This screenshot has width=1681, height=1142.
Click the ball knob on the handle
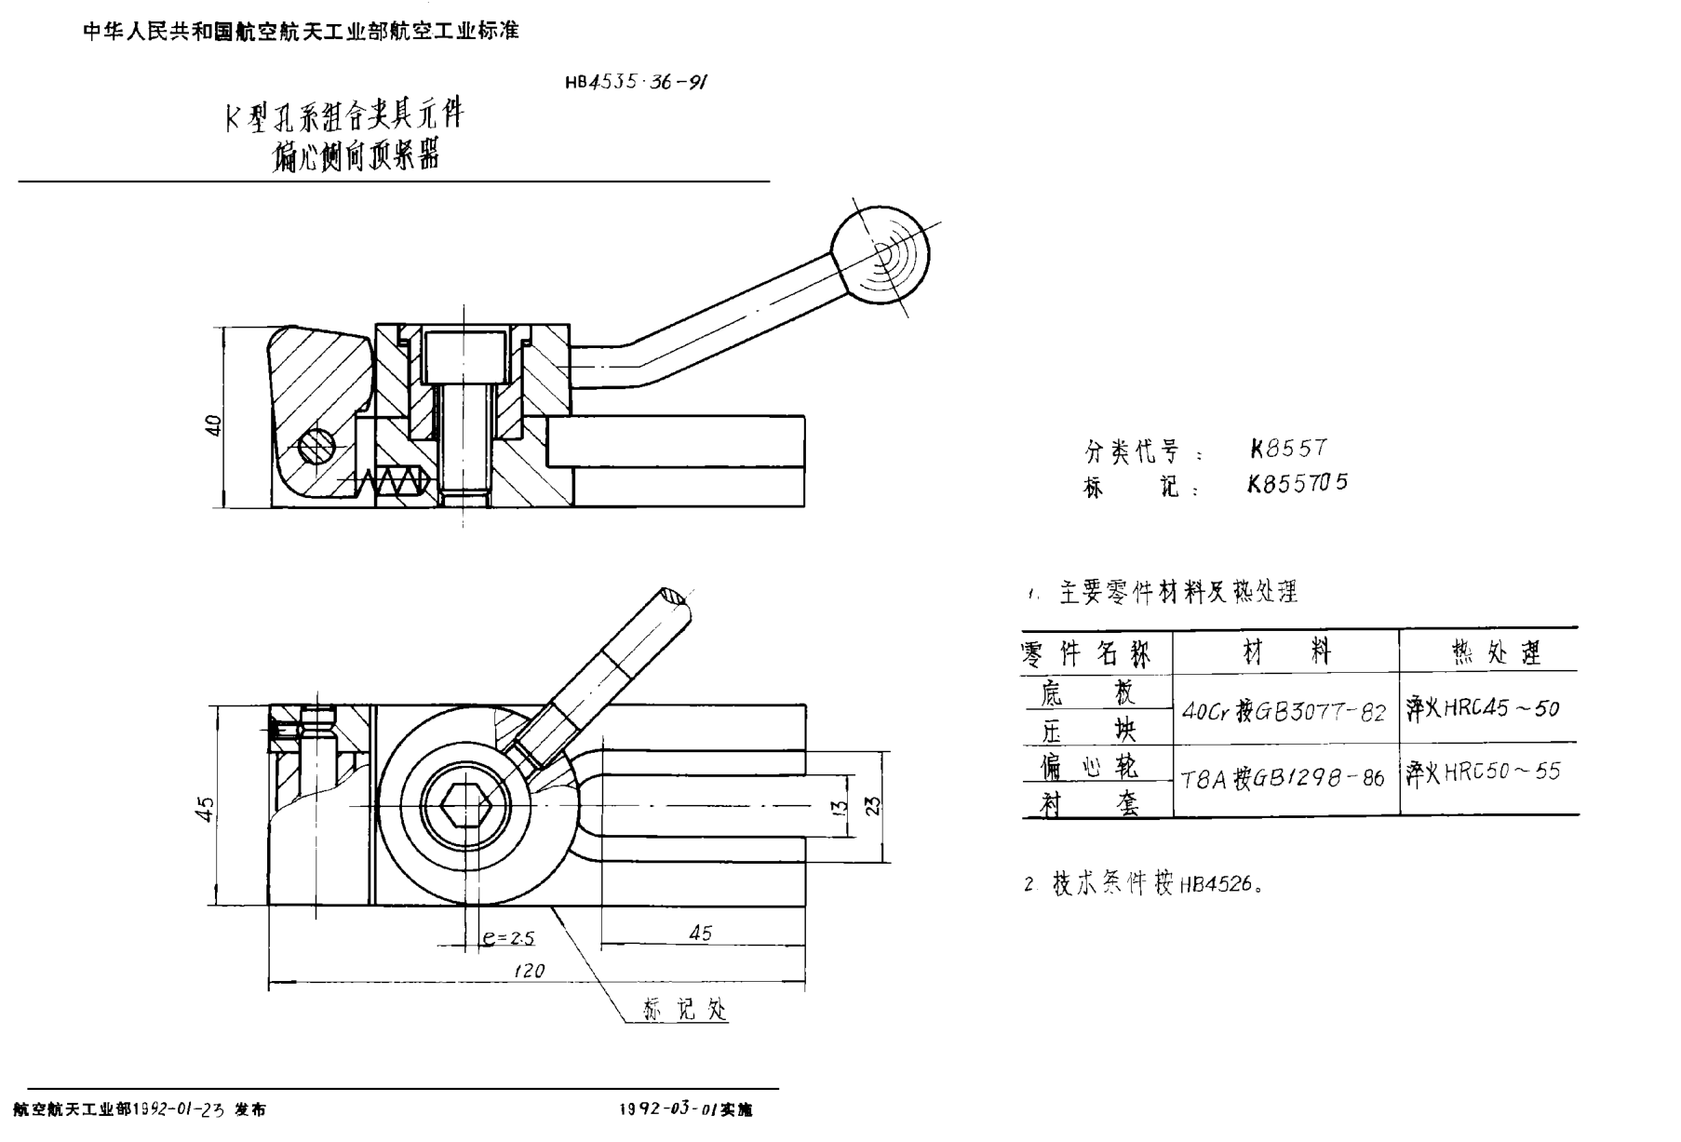coord(881,255)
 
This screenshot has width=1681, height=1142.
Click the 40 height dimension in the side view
coord(213,425)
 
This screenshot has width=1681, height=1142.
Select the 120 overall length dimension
coord(529,971)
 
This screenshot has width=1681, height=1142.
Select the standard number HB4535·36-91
coord(636,82)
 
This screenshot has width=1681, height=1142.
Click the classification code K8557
coord(1288,449)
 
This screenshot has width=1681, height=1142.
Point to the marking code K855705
coord(1298,483)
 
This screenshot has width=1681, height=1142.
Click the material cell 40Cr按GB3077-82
coord(1284,712)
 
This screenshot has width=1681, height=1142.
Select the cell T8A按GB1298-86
coord(1283,779)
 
